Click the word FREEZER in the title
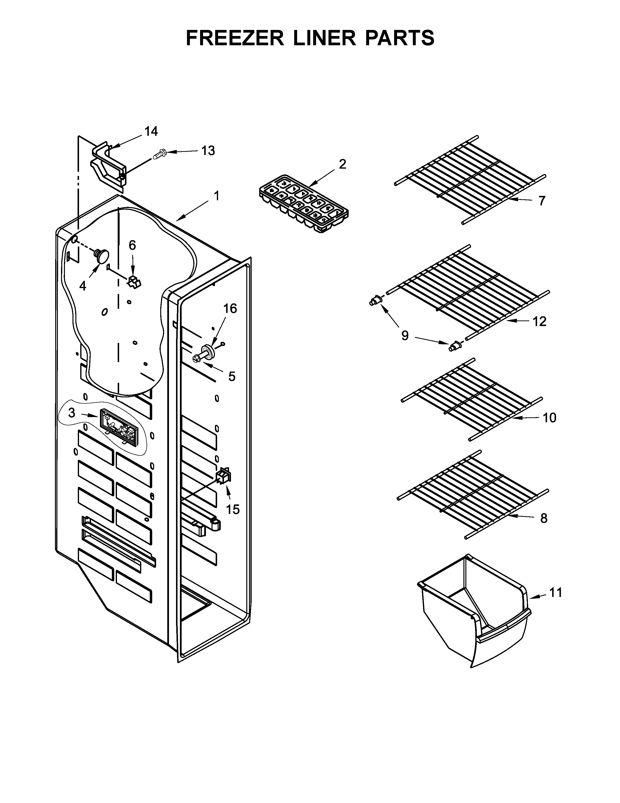235,38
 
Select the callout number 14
151,131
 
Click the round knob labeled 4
102,255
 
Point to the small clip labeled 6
134,282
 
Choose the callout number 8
544,518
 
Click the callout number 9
405,335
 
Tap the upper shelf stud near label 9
375,301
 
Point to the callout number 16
230,309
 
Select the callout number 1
217,196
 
